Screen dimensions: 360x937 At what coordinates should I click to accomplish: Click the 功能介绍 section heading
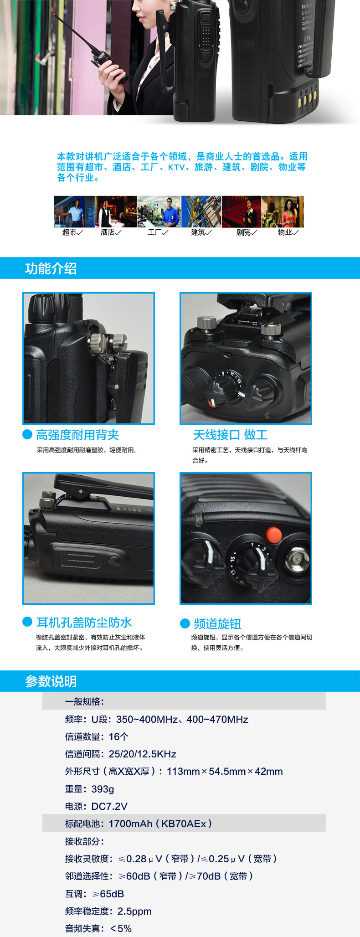51,268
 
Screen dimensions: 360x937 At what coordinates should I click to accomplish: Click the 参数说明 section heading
51,681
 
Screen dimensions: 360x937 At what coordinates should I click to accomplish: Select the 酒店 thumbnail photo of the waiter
116,211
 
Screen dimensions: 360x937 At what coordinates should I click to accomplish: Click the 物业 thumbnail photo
283,211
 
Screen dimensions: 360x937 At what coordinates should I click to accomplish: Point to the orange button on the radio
274,535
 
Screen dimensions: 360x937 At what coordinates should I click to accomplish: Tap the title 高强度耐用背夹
77,435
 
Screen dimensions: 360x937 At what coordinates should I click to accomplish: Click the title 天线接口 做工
230,435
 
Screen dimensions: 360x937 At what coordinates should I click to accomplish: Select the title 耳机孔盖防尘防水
84,623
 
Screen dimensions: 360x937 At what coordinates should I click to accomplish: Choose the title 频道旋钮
217,623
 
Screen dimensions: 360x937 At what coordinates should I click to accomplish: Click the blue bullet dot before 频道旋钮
185,623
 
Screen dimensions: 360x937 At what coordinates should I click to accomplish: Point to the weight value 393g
103,789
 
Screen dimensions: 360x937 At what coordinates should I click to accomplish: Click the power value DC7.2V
109,806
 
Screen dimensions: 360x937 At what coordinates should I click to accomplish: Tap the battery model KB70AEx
184,824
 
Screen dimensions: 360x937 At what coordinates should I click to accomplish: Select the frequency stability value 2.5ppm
134,911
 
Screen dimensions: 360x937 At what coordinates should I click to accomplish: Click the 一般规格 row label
84,701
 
